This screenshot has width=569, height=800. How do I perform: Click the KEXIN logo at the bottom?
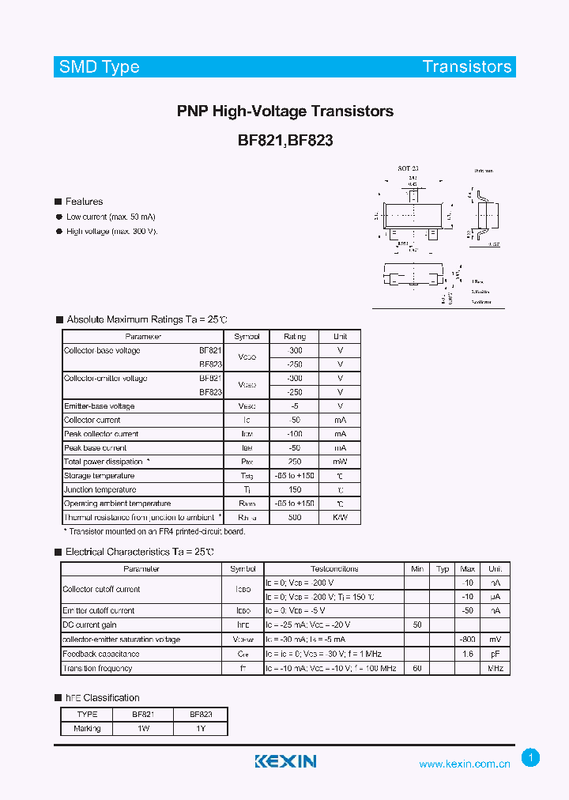(285, 761)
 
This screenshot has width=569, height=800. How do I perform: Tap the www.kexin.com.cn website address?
(465, 764)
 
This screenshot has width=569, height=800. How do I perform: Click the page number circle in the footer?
(531, 758)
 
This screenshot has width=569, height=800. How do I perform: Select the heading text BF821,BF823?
(285, 141)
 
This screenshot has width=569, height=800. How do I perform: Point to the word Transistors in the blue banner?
(467, 66)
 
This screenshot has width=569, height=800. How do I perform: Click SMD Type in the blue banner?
(100, 66)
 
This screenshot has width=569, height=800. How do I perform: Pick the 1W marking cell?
(143, 728)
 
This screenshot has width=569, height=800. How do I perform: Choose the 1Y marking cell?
(200, 728)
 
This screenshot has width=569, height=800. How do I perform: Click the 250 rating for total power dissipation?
(295, 462)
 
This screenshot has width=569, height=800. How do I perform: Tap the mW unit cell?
(340, 462)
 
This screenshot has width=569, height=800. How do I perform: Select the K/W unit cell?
(340, 517)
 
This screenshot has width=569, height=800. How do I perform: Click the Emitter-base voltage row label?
(100, 406)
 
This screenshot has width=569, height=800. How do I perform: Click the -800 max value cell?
(467, 640)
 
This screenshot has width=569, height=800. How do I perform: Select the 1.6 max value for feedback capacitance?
(467, 654)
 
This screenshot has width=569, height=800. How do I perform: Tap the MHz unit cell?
(496, 668)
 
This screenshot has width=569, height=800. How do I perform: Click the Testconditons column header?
(334, 568)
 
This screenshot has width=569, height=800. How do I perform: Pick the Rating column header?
(295, 336)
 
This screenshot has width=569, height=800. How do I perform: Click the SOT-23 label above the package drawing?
(408, 169)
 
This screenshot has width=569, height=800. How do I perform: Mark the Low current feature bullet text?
(111, 217)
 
